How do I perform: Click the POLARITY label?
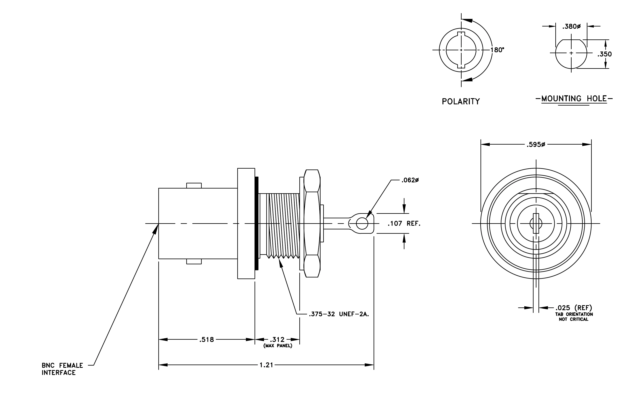pos(461,101)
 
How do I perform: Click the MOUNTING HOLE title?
pos(574,99)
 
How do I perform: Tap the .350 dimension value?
pos(604,54)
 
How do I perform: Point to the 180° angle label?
pos(497,50)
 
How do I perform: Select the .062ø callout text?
pos(410,180)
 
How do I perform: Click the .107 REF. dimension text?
pos(404,223)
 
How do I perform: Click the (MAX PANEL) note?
pos(278,346)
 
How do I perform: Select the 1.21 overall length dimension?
pos(266,365)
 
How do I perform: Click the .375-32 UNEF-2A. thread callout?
pos(339,314)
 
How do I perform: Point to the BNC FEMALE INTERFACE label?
pos(62,369)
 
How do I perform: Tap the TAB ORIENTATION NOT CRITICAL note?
pos(574,317)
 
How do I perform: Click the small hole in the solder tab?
pos(362,223)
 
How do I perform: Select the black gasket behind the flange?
pos(257,223)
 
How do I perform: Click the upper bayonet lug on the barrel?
pos(194,185)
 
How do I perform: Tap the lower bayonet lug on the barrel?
pos(194,261)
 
